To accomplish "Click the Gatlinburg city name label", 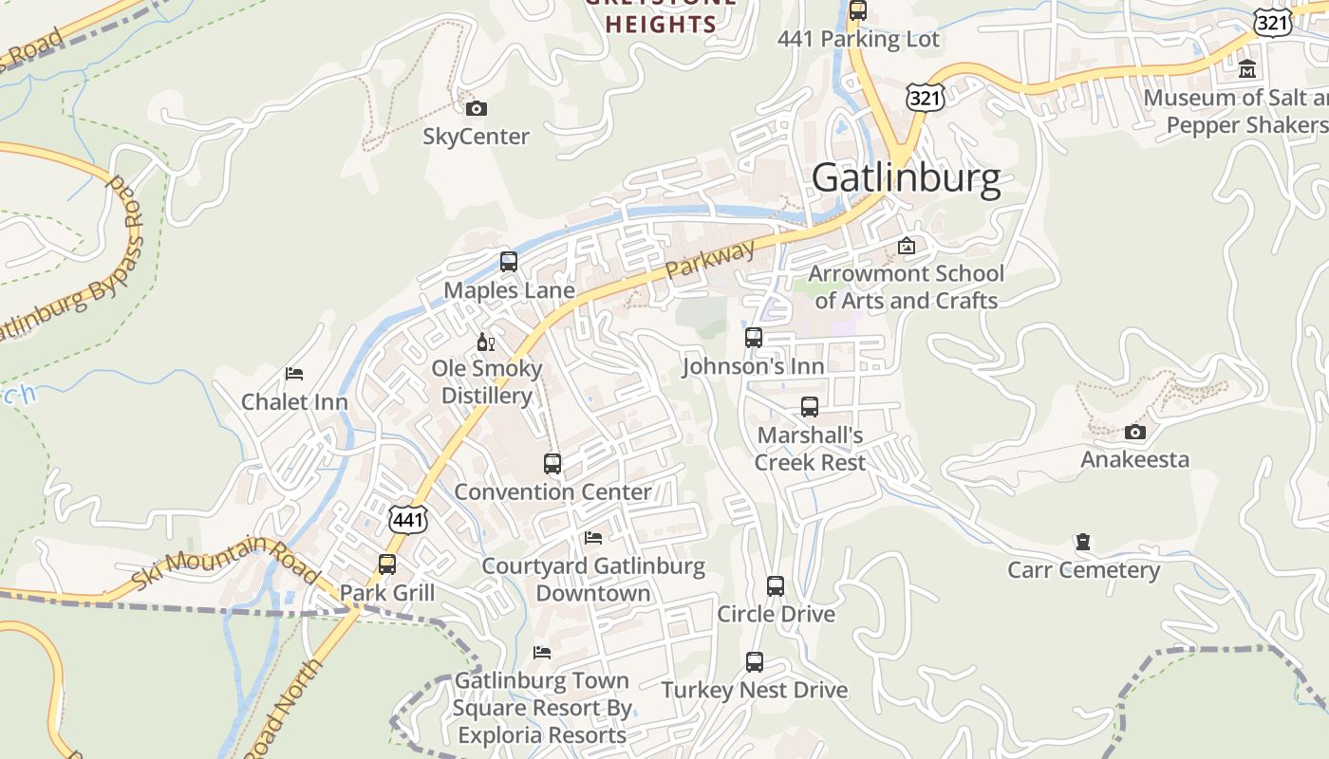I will (x=906, y=178).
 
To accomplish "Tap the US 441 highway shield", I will (x=408, y=518).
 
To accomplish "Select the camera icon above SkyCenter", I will (x=477, y=108).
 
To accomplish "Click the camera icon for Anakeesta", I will (x=1134, y=433).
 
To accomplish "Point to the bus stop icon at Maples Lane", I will (x=509, y=262).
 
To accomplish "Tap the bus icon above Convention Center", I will (x=552, y=464).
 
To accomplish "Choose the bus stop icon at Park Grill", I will (x=387, y=565).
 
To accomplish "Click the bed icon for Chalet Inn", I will (x=294, y=374).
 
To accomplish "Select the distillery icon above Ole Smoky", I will (x=485, y=342).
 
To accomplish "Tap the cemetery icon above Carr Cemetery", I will (x=1082, y=543).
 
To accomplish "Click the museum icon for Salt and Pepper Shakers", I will (x=1247, y=69).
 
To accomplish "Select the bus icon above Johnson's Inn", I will (x=753, y=338).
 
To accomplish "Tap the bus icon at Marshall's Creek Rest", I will (x=809, y=407).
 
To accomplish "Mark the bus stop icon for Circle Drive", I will (x=776, y=586).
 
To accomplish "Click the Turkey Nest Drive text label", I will (x=754, y=690).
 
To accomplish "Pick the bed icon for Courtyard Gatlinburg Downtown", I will (x=593, y=538).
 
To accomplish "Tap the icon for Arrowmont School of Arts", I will (x=907, y=246).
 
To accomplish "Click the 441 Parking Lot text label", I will (x=858, y=39).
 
